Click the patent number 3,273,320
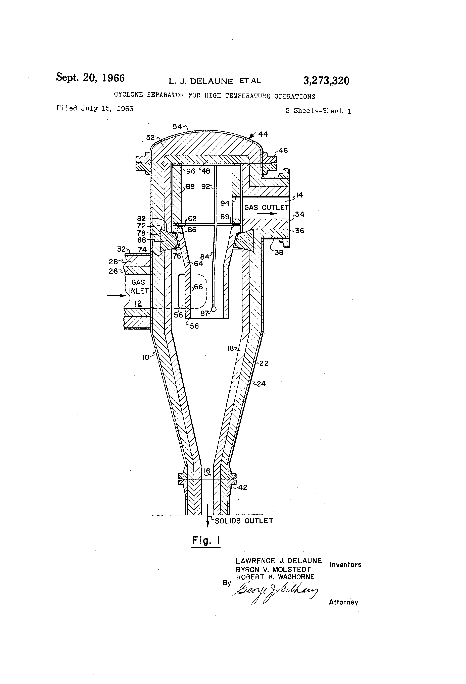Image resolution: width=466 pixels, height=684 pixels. [326, 81]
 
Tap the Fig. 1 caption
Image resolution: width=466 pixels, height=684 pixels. [206, 540]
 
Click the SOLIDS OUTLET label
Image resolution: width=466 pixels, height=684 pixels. [244, 521]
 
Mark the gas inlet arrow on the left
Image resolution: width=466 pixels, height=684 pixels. [117, 295]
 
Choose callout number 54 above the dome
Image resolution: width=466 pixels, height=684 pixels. [177, 127]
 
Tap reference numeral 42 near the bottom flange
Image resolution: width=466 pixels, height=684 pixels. [242, 487]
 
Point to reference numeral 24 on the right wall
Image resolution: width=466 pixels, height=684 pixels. [261, 384]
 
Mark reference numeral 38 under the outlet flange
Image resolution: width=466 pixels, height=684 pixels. [279, 252]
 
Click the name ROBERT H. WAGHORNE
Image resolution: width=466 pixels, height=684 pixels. [275, 577]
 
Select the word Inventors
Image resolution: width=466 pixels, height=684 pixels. [345, 565]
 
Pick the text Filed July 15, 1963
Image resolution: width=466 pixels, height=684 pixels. [95, 108]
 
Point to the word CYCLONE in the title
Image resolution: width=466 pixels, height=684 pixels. [128, 95]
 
